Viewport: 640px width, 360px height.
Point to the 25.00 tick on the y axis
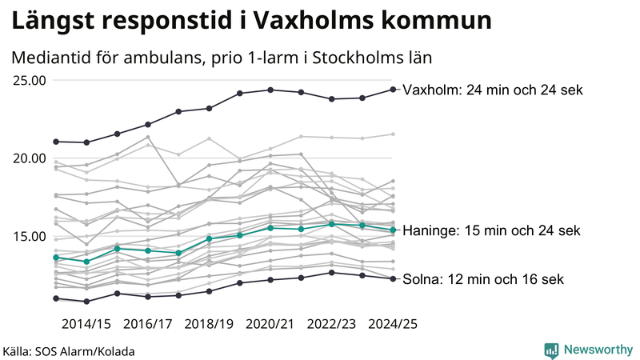(28, 80)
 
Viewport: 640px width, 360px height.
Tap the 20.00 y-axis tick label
(28, 158)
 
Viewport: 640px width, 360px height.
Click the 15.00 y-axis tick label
(28, 236)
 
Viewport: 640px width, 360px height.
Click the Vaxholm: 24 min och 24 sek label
(493, 90)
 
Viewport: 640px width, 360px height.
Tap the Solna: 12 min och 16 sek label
(483, 279)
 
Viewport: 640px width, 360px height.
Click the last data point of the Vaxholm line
(393, 89)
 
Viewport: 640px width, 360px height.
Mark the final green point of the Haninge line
(393, 230)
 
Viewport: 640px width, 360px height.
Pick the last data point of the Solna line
(393, 278)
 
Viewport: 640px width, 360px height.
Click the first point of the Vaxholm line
(56, 142)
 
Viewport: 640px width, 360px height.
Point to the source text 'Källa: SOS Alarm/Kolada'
(69, 351)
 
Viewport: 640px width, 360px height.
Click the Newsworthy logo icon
(551, 350)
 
